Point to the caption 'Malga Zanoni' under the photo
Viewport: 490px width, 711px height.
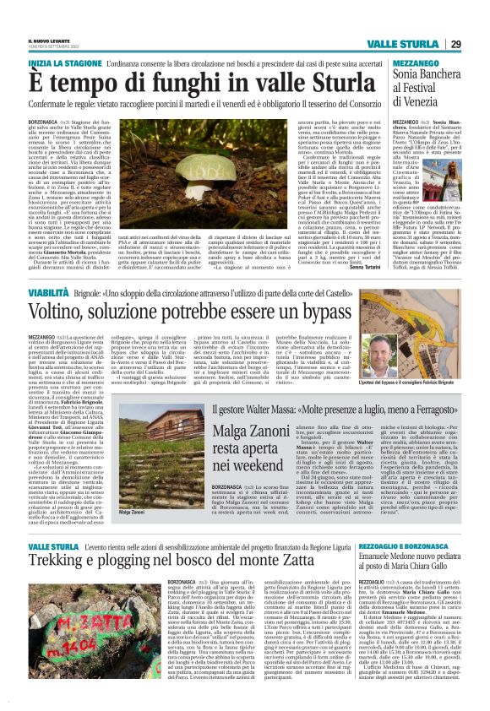pyautogui.click(x=109, y=488)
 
